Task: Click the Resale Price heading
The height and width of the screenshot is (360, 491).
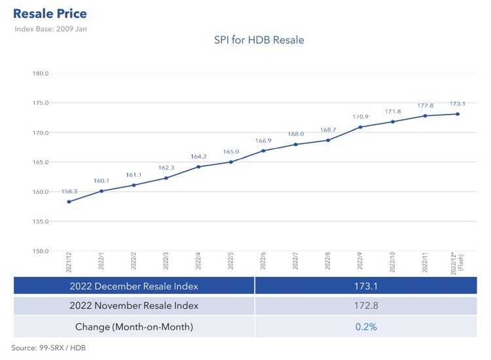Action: point(50,13)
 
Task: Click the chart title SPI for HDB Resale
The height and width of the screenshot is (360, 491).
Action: point(259,41)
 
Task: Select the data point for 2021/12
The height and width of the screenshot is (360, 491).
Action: point(69,202)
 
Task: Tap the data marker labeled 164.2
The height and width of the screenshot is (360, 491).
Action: point(198,167)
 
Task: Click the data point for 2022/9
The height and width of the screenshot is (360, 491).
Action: point(361,127)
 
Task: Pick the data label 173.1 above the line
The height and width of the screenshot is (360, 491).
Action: point(458,104)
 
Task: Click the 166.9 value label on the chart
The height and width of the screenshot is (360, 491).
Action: point(263,141)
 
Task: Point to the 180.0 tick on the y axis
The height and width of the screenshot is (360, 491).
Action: point(41,73)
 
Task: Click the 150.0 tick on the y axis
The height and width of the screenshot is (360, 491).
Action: point(41,251)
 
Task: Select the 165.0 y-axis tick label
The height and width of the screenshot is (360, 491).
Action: point(41,162)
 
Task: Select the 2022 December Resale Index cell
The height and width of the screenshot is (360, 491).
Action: point(134,286)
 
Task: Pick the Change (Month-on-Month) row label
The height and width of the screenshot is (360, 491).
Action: point(134,325)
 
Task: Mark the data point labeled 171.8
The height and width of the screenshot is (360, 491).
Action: point(393,122)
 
